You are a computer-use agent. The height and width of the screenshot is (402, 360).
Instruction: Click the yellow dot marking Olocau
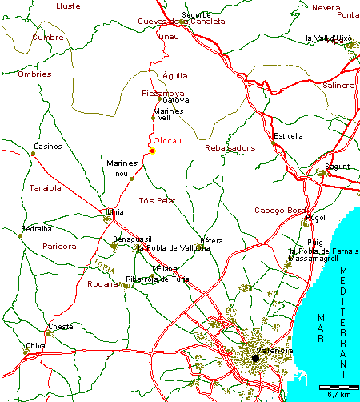click(x=152, y=151)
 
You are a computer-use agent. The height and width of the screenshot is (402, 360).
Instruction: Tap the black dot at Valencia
click(x=255, y=358)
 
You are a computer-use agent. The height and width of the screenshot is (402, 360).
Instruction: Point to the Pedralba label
click(x=36, y=229)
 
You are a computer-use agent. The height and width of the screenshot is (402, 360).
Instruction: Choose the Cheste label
click(x=61, y=327)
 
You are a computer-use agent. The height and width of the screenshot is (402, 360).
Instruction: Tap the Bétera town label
click(x=210, y=240)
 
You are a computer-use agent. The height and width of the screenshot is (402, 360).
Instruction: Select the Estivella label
click(x=289, y=136)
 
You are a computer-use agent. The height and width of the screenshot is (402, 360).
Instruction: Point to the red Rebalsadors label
click(x=230, y=148)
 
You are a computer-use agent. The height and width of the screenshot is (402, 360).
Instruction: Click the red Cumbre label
click(x=48, y=37)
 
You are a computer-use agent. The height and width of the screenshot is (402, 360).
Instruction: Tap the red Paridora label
click(x=60, y=247)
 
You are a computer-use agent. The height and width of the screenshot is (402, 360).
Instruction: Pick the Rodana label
click(x=102, y=283)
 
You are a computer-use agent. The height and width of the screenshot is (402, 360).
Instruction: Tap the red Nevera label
click(x=326, y=7)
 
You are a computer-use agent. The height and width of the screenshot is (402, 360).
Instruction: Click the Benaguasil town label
click(x=132, y=239)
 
